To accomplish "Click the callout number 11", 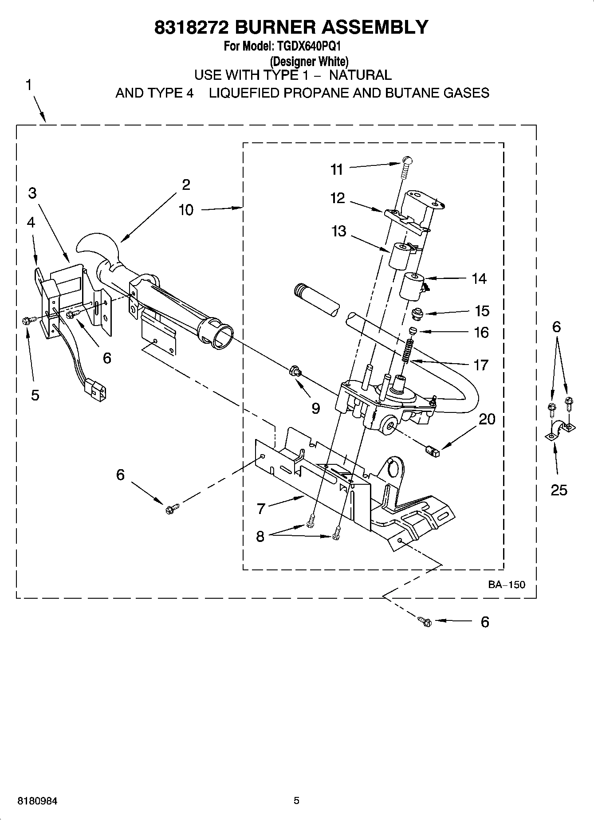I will pyautogui.click(x=337, y=169).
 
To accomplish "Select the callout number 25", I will pyautogui.click(x=559, y=490).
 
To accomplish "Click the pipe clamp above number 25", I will pyautogui.click(x=559, y=428).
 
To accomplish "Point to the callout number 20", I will pyautogui.click(x=487, y=419).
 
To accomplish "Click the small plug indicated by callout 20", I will pyautogui.click(x=432, y=451).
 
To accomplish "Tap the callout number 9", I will pyautogui.click(x=315, y=408).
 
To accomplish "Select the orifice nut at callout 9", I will pyautogui.click(x=294, y=370).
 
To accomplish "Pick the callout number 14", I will pyautogui.click(x=479, y=279).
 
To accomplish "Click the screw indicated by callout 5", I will pyautogui.click(x=26, y=320).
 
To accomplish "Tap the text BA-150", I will pyautogui.click(x=507, y=585).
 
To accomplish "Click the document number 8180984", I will pyautogui.click(x=37, y=801).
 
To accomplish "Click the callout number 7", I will pyautogui.click(x=261, y=509).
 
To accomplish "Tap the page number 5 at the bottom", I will pyautogui.click(x=296, y=800).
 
